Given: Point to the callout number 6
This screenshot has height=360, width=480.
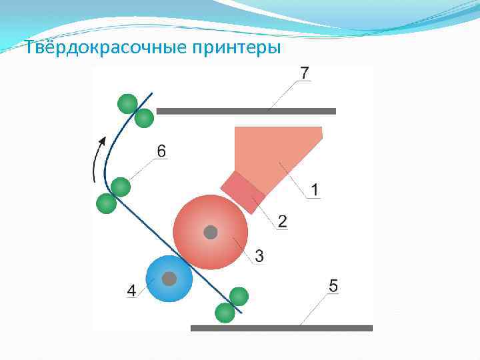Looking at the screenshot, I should (x=162, y=151).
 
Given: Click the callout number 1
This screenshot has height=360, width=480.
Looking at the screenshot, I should (x=314, y=191).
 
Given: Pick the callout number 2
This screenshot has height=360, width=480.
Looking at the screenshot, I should (x=283, y=221).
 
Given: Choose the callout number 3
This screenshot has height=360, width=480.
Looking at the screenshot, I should (x=259, y=255).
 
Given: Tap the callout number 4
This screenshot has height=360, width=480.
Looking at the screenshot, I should (x=131, y=291).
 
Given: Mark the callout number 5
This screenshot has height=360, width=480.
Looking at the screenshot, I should (x=333, y=286).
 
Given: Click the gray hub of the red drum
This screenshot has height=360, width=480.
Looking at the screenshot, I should (x=211, y=232).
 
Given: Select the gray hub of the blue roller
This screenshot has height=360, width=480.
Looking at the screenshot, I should (x=169, y=279).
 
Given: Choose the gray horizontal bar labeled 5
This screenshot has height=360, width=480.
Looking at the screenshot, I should (x=281, y=328).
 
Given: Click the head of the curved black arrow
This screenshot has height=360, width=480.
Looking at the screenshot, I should (x=103, y=140).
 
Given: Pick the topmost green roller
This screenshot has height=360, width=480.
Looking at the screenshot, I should (x=127, y=103).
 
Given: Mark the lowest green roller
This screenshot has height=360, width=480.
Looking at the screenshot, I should (x=225, y=311).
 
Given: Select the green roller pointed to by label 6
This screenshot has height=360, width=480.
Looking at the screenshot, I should (x=121, y=187).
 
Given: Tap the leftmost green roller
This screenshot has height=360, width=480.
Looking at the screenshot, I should (x=106, y=203).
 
